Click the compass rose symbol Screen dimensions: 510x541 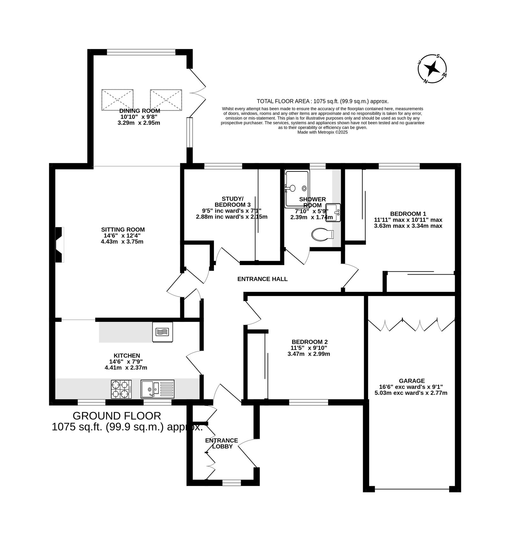tap(432, 69)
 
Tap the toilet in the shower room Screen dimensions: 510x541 tap(322, 234)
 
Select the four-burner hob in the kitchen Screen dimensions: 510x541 tap(121, 389)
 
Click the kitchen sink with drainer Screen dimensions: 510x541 tap(157, 389)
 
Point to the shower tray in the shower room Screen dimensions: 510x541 tap(297, 189)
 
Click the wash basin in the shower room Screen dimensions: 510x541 tap(333, 213)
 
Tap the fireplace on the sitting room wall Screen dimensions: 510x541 tap(60, 245)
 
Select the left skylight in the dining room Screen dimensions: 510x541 tap(117, 100)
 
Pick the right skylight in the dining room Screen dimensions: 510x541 tap(166, 100)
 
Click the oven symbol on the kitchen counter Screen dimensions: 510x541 tap(163, 332)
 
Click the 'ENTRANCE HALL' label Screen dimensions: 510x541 tap(262, 279)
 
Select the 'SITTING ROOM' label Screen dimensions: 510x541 tap(123, 229)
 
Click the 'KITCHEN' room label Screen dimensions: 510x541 tap(127, 356)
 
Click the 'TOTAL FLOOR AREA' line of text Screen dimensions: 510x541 tap(323, 101)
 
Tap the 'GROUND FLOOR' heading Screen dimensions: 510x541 tap(117, 416)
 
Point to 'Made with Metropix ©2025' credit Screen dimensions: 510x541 tap(323, 132)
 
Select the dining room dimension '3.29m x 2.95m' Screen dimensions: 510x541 tap(139, 123)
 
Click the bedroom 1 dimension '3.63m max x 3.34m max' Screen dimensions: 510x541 tap(408, 226)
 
